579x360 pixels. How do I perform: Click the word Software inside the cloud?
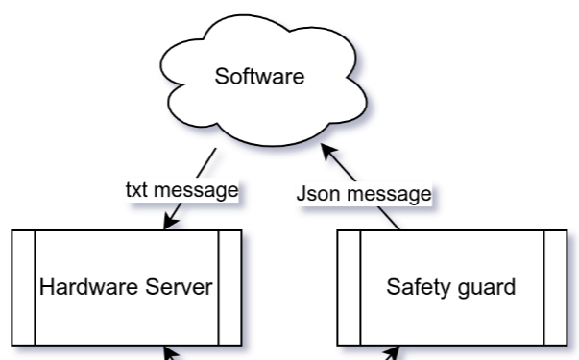click(x=259, y=77)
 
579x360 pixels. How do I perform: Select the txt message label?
click(x=181, y=190)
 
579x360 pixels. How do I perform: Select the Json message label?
click(x=363, y=194)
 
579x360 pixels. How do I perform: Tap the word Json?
click(x=314, y=194)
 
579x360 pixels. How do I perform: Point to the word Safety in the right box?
click(x=414, y=286)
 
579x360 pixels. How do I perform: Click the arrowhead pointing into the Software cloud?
click(x=327, y=153)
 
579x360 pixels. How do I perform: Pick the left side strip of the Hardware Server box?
click(x=24, y=287)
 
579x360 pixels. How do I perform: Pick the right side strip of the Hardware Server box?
click(x=230, y=287)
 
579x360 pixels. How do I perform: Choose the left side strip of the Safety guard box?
click(x=349, y=287)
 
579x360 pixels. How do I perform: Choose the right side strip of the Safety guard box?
click(x=555, y=287)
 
